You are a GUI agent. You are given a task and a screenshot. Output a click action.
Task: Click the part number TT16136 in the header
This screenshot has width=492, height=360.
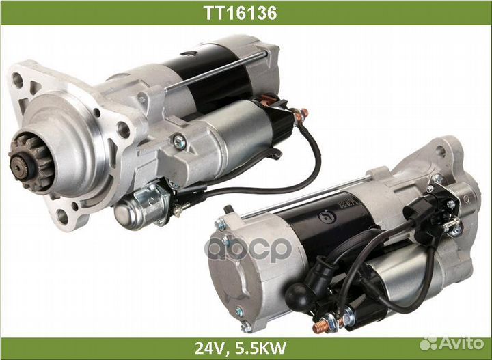245,12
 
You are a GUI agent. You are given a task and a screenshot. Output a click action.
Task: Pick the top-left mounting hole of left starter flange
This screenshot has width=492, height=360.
18,81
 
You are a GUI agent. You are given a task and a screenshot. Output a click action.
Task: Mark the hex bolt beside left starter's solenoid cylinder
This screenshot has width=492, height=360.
179,142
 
